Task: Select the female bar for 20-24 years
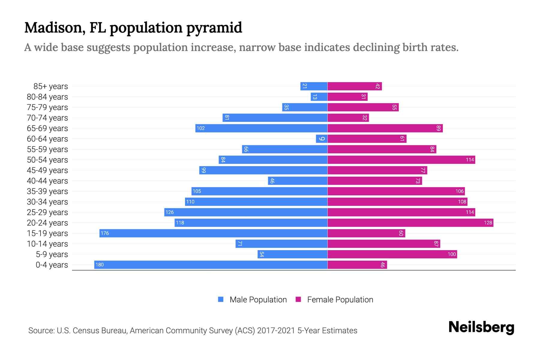[x=410, y=223]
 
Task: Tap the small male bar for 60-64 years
[x=322, y=139]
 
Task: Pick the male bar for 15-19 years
[x=213, y=233]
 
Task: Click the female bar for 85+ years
[x=354, y=86]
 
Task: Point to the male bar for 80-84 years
[x=319, y=97]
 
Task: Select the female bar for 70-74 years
[x=348, y=118]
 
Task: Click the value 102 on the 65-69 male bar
[x=200, y=128]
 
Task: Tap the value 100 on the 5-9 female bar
[x=451, y=254]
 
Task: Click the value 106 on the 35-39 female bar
[x=459, y=191]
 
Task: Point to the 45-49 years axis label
[x=47, y=170]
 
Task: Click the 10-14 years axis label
[x=47, y=244]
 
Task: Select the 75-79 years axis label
[x=47, y=107]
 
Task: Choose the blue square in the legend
[x=221, y=299]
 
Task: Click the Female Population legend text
[x=340, y=300]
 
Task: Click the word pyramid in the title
[x=214, y=28]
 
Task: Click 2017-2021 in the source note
[x=276, y=331]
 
